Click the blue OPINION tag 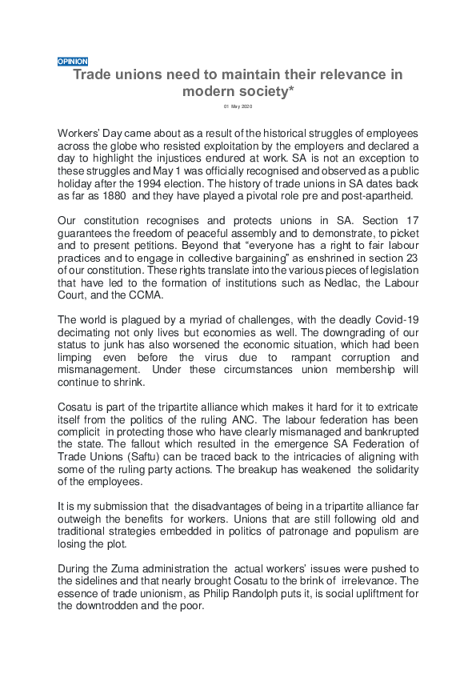[73, 62]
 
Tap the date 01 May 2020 [238, 106]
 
